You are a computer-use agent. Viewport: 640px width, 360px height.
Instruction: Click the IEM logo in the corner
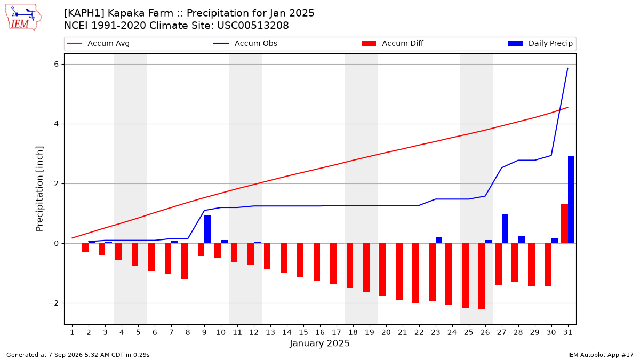click(x=23, y=18)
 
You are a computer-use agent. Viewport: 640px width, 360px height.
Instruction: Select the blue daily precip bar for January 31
click(x=571, y=199)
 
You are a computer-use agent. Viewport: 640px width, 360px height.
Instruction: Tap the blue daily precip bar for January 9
click(x=207, y=229)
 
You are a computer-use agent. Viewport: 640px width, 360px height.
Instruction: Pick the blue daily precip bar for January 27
click(x=505, y=229)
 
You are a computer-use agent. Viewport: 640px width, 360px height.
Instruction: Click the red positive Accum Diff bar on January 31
click(x=565, y=223)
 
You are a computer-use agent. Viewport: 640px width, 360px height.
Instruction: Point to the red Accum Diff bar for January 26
click(x=482, y=276)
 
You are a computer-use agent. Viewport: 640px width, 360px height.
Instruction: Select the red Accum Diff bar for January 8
click(x=185, y=261)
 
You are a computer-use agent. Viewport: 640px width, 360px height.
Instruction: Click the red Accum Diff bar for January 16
click(x=317, y=262)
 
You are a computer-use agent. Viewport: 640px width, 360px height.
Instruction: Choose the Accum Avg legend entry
click(x=98, y=43)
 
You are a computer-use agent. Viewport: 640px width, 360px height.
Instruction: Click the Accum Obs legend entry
click(x=245, y=43)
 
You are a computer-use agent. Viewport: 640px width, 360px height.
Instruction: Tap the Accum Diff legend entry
click(x=393, y=43)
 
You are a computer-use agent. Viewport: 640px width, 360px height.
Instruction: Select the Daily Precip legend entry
click(x=540, y=43)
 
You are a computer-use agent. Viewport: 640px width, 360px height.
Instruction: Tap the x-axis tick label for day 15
click(x=303, y=332)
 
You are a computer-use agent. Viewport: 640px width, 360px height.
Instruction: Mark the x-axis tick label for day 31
click(x=567, y=332)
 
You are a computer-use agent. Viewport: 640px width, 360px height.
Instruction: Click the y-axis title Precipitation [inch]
click(x=39, y=189)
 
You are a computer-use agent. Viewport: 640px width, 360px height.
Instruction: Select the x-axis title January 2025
click(x=319, y=343)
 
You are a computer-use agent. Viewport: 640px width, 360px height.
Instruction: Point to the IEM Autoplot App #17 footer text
click(x=601, y=355)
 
